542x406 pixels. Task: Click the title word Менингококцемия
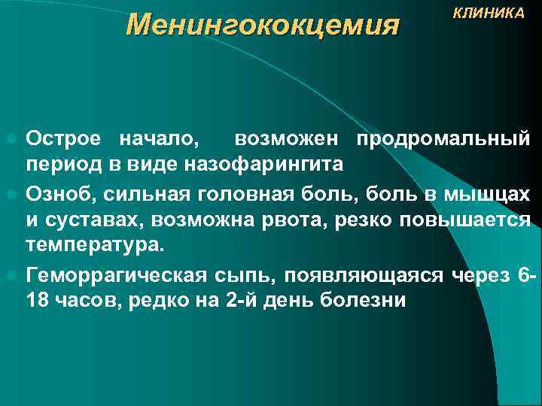tap(262, 26)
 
